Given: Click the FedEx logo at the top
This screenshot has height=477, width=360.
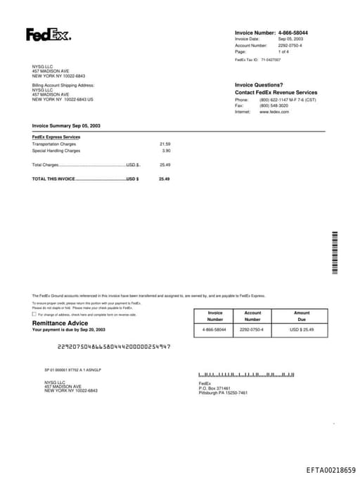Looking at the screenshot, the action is pos(48,34).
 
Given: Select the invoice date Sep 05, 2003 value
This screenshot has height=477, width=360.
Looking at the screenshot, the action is pos(290,39).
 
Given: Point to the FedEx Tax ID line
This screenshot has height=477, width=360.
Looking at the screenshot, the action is pos(257,61).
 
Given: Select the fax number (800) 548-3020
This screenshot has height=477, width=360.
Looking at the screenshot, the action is pos(274,106).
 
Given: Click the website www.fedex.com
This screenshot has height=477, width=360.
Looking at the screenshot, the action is pos(274,112).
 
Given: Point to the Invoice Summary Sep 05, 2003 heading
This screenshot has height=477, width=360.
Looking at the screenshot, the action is pos(66,125).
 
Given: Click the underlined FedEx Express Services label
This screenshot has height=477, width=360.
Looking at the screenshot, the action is pos(56,136).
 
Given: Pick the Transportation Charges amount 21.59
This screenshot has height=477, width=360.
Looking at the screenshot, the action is pos(165,144).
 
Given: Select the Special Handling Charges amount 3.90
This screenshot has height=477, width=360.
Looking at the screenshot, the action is pos(166,150).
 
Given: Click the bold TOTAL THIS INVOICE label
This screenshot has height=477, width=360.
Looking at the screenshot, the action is pos(53,179).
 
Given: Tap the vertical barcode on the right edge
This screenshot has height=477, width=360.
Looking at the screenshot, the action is pos(335,253).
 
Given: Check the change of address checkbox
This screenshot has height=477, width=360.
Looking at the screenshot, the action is pos(34,314).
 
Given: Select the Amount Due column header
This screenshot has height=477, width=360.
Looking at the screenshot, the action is pos(302,316).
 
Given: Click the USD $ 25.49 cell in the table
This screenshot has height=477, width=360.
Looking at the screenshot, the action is pos(302,329).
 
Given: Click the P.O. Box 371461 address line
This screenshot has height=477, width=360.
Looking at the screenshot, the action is pos(214,388).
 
